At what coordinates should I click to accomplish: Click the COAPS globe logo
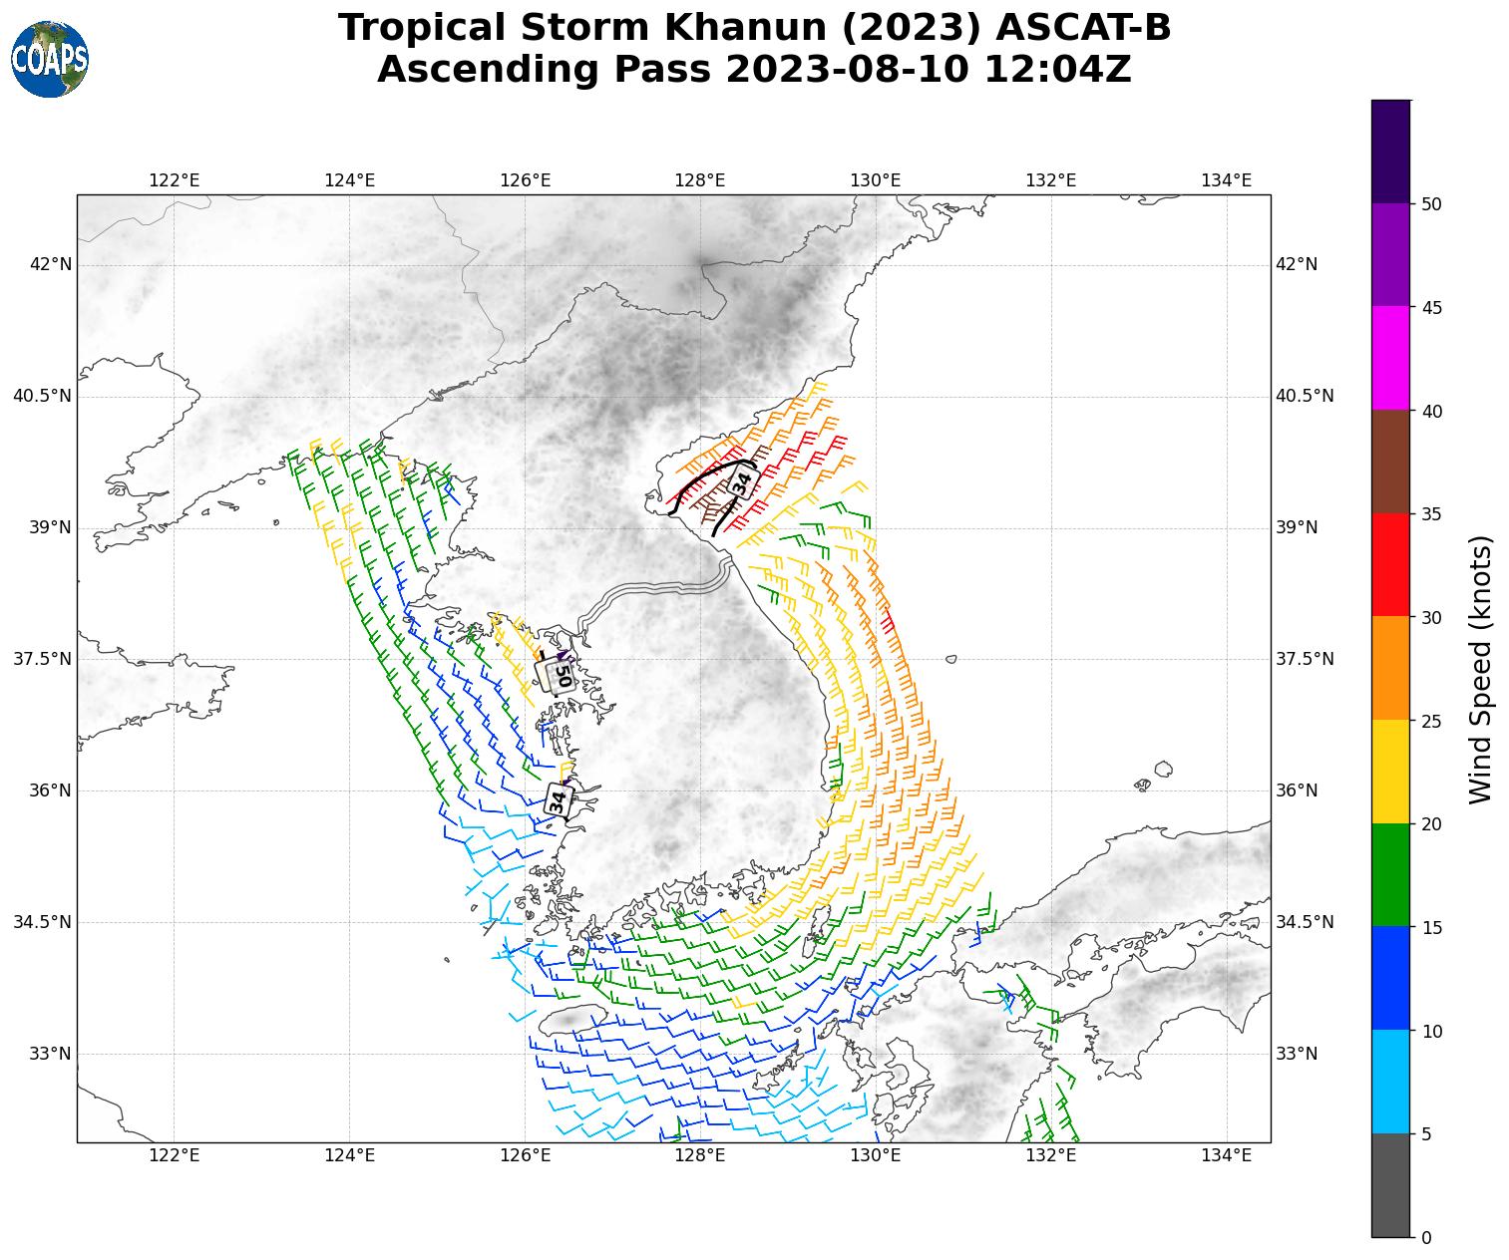coord(50,59)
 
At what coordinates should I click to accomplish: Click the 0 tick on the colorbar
coord(1425,1237)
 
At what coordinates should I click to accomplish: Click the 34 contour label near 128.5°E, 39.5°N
coord(742,482)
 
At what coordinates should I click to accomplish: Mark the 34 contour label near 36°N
coord(559,798)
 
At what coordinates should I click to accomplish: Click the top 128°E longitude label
coord(700,180)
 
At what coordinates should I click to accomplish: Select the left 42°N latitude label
coord(51,264)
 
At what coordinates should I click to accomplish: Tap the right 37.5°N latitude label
coord(1305,659)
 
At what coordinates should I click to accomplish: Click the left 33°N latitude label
coord(51,1054)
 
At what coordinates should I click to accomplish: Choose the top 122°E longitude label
coord(175,180)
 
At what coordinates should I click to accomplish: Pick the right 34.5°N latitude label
coord(1305,922)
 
